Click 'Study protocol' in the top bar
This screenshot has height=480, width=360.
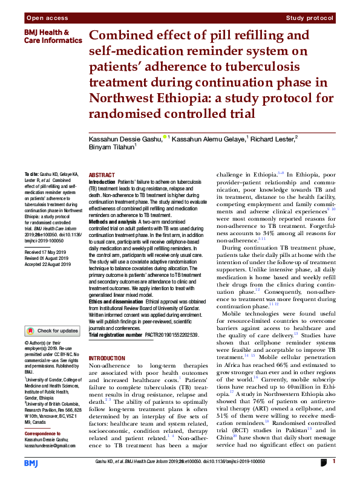tap(311, 19)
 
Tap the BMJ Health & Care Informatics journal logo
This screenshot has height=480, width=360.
tap(46, 36)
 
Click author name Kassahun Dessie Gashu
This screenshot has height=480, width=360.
tap(125, 138)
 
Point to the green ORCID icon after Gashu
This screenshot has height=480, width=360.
tap(165, 138)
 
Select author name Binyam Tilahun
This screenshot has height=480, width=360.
tap(111, 146)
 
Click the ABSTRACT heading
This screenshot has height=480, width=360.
tap(102, 174)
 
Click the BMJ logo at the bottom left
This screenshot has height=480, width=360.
tap(31, 463)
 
